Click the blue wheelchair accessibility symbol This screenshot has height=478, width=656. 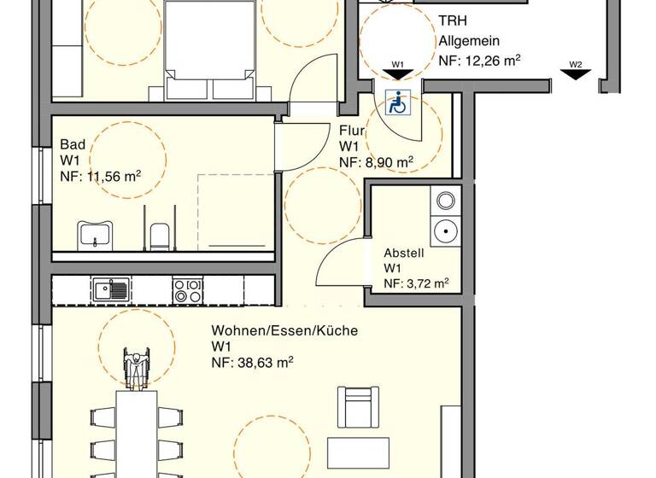[x=397, y=102]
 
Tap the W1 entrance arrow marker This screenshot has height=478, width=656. [x=398, y=75]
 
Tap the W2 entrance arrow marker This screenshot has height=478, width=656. [x=576, y=75]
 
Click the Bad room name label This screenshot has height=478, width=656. [x=72, y=143]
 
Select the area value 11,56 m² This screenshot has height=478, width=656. [x=100, y=177]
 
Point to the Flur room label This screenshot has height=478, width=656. [x=352, y=131]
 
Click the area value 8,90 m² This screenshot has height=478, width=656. [x=376, y=162]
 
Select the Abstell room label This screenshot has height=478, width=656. [x=403, y=253]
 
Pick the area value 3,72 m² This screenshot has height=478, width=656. [x=416, y=283]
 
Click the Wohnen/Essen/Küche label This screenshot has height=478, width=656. [x=284, y=330]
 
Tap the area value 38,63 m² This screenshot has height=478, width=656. [x=253, y=363]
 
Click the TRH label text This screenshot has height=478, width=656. [x=453, y=21]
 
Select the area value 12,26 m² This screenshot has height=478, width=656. [x=479, y=61]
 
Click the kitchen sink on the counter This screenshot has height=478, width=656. [x=112, y=290]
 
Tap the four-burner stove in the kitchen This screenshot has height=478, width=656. [x=188, y=290]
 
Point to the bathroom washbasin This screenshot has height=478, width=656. [x=96, y=233]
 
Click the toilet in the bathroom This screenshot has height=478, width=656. [x=159, y=235]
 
